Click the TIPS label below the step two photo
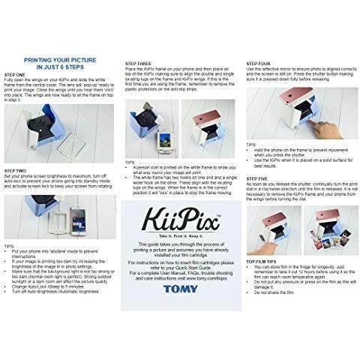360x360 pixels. pyautogui.click(x=11, y=244)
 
